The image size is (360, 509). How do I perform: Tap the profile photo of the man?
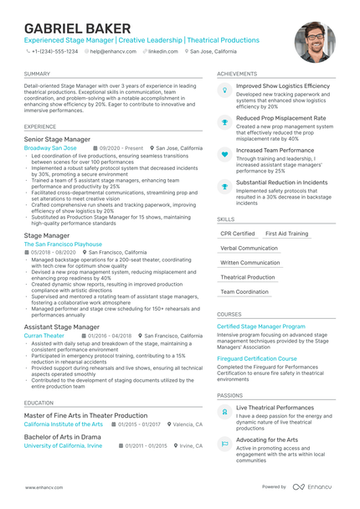point(315,42)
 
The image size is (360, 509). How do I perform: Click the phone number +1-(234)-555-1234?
point(54,51)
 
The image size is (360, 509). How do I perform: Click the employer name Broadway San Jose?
point(50,147)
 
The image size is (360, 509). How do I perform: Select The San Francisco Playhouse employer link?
point(63,244)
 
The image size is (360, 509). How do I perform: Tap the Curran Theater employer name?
point(44,335)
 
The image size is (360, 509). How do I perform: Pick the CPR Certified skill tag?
point(238,234)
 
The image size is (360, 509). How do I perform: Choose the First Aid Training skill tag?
point(286,234)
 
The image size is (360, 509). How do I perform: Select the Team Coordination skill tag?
point(244,291)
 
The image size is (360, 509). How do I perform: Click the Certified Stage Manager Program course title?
point(260,326)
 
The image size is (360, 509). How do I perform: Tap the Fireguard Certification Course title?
point(256,358)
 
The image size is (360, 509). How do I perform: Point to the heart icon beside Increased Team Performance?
point(224,154)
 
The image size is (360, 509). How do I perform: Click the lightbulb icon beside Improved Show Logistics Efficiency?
point(224,90)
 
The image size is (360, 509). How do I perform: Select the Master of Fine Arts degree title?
point(85,415)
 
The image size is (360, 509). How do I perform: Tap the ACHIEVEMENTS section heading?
point(237,74)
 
